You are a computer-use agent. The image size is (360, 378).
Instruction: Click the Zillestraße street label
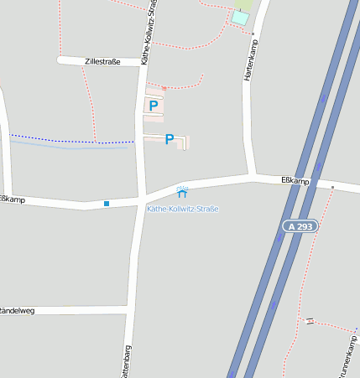pyautogui.click(x=102, y=62)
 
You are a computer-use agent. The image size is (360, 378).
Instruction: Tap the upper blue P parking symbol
pyautogui.click(x=153, y=106)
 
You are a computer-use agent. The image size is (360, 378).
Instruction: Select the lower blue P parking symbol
pyautogui.click(x=170, y=139)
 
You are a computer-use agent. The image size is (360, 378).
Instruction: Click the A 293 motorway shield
pyautogui.click(x=300, y=226)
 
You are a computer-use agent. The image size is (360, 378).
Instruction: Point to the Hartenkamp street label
pyautogui.click(x=248, y=61)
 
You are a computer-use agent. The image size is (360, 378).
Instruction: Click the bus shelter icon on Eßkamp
pyautogui.click(x=182, y=193)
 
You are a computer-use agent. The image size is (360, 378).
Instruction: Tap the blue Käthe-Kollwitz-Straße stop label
pyautogui.click(x=182, y=208)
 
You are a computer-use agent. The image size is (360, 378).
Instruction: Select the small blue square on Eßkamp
pyautogui.click(x=107, y=203)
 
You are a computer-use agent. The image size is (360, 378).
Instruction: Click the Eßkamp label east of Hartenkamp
pyautogui.click(x=295, y=180)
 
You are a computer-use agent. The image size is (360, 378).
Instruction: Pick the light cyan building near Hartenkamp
pyautogui.click(x=240, y=18)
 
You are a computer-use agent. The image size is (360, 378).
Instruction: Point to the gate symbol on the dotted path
pyautogui.click(x=309, y=321)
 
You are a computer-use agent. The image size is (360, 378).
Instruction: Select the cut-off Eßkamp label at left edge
pyautogui.click(x=12, y=199)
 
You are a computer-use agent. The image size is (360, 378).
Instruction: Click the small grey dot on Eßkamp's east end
pyautogui.click(x=332, y=187)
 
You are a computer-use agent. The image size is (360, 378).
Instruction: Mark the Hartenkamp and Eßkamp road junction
pyautogui.click(x=253, y=177)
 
